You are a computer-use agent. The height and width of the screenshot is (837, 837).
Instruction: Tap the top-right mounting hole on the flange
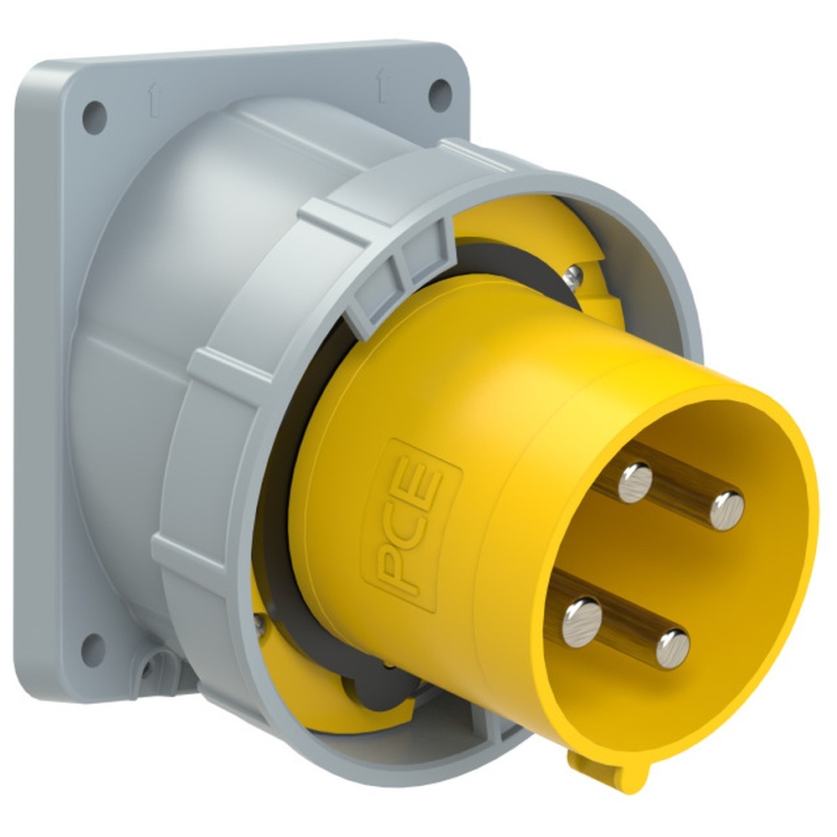(x=440, y=95)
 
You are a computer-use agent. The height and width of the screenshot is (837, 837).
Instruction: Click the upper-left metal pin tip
(x=635, y=483)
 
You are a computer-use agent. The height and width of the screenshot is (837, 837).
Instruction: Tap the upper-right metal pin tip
(x=727, y=511)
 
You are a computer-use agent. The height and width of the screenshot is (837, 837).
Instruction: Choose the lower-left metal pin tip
(x=582, y=623)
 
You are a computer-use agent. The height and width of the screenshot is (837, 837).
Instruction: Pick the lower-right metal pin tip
(x=673, y=650)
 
